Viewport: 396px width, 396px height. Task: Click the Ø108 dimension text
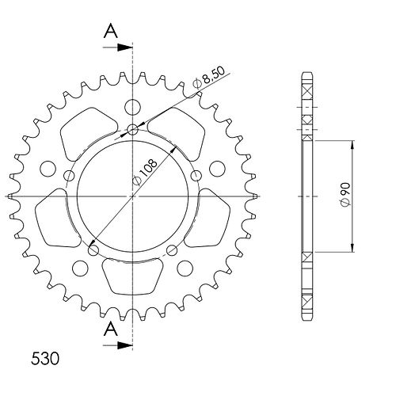(145, 173)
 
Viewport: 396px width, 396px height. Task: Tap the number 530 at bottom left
(45, 359)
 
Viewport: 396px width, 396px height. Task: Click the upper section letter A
(111, 31)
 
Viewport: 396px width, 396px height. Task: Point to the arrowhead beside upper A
(124, 48)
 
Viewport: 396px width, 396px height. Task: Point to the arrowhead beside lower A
(124, 345)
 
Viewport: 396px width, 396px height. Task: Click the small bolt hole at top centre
(132, 130)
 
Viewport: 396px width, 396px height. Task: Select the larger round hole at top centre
(132, 107)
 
